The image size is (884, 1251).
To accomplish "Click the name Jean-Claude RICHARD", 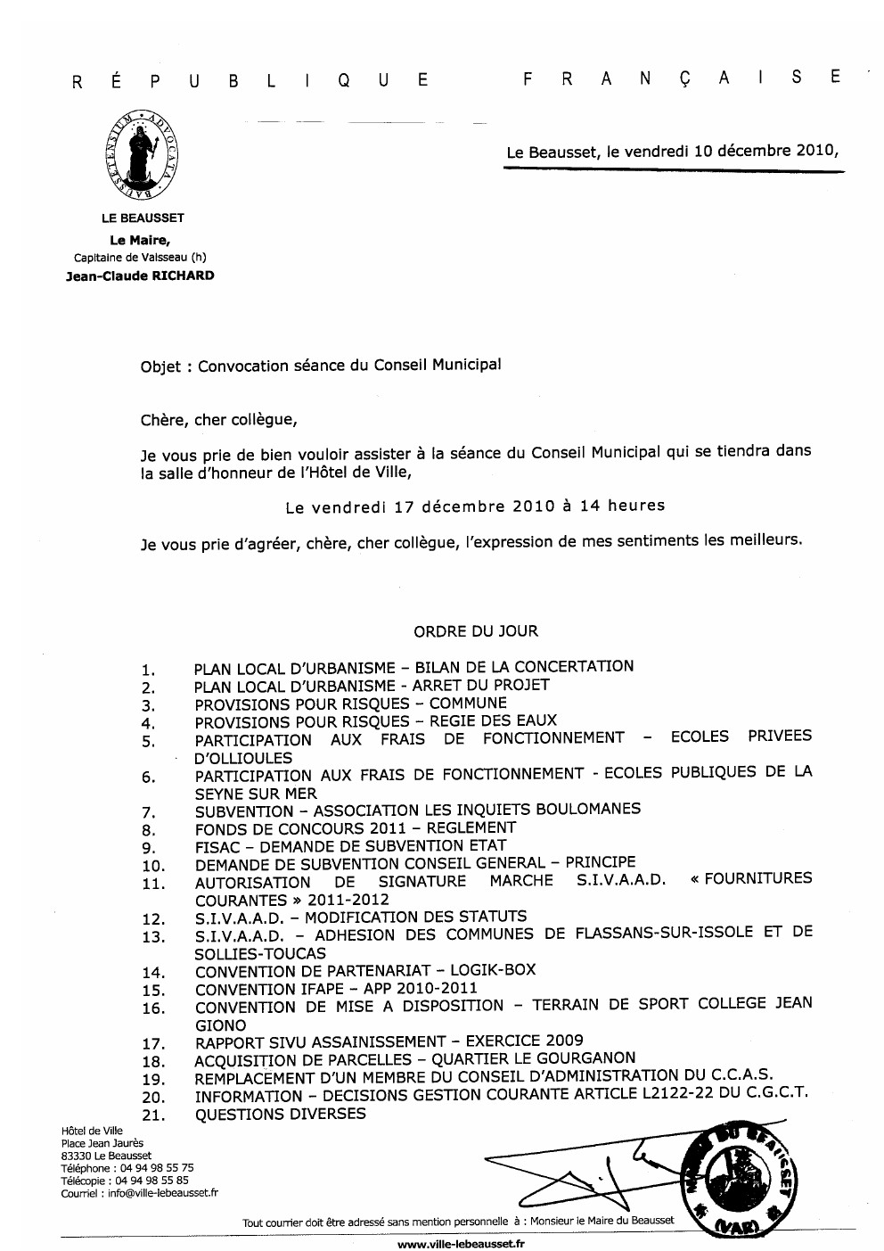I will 140,276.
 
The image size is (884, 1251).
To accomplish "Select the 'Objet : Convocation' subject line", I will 321,365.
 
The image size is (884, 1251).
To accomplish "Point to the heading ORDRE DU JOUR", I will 475,631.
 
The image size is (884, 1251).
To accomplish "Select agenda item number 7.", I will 149,812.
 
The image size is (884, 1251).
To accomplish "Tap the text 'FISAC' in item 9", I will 217,846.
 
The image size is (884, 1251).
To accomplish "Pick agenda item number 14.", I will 151,973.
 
